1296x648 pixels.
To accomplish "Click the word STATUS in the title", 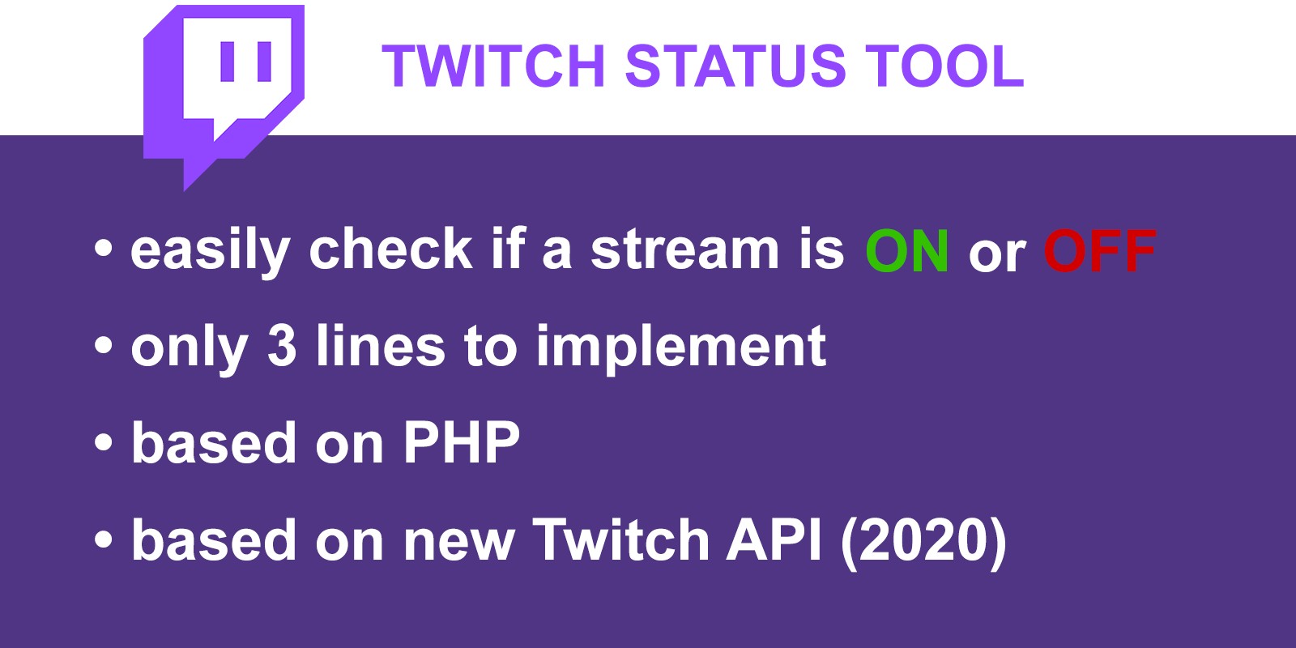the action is pyautogui.click(x=735, y=66).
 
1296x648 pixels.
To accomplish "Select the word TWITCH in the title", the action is pyautogui.click(x=493, y=66).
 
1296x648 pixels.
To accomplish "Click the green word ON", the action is pyautogui.click(x=906, y=250).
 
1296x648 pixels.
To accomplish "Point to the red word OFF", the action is pyautogui.click(x=1099, y=250).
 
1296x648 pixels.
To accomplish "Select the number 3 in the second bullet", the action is pyautogui.click(x=282, y=345).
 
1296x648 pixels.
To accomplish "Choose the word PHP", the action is pyautogui.click(x=461, y=442).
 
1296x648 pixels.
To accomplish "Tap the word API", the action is pyautogui.click(x=774, y=539).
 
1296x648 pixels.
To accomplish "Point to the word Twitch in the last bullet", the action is pyautogui.click(x=620, y=539).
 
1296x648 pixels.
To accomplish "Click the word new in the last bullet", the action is pyautogui.click(x=458, y=546).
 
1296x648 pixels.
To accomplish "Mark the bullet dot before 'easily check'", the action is pyautogui.click(x=103, y=249).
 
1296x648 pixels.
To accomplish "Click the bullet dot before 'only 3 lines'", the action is pyautogui.click(x=103, y=346).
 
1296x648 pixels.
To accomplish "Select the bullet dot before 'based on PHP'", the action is pyautogui.click(x=103, y=443).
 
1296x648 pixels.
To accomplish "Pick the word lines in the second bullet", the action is pyautogui.click(x=380, y=345).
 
